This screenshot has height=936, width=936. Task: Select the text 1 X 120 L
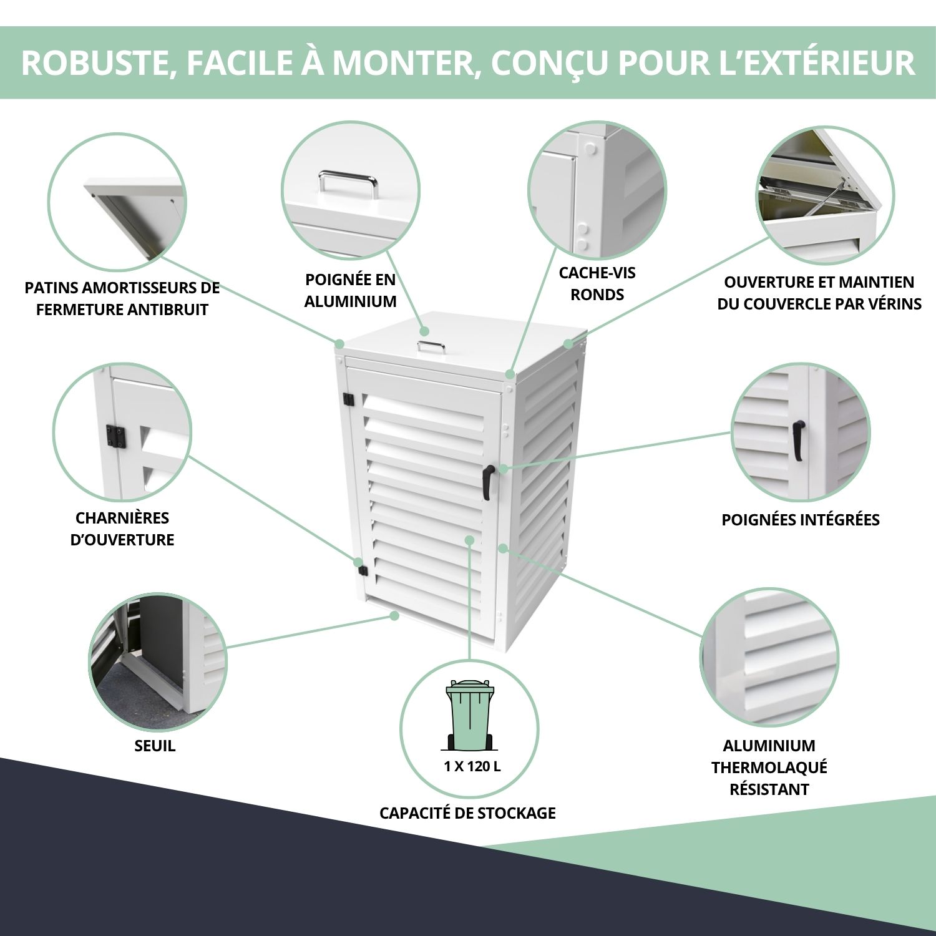tap(472, 766)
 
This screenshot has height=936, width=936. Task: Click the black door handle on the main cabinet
tap(487, 482)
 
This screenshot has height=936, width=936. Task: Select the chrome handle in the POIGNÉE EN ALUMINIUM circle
tap(348, 183)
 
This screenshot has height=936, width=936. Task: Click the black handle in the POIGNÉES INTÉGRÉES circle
tap(798, 440)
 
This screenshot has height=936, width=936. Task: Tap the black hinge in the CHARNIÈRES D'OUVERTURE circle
tap(116, 436)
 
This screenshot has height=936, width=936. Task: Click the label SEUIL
tap(155, 746)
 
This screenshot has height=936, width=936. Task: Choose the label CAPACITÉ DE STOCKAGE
tap(467, 813)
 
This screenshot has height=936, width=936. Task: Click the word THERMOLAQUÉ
tap(769, 768)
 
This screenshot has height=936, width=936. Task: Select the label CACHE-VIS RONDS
tap(597, 283)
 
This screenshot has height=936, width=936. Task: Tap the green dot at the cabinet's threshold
tap(394, 616)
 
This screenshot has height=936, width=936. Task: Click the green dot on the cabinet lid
tap(424, 331)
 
